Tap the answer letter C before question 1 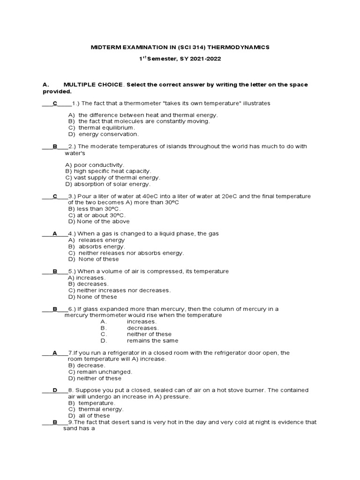click(x=55, y=103)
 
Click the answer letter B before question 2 click(x=55, y=147)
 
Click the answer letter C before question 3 click(x=55, y=196)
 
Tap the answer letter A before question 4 click(x=55, y=233)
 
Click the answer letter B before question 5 click(x=55, y=271)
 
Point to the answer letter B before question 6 click(x=55, y=309)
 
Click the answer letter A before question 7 click(x=55, y=353)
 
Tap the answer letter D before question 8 click(x=55, y=390)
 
